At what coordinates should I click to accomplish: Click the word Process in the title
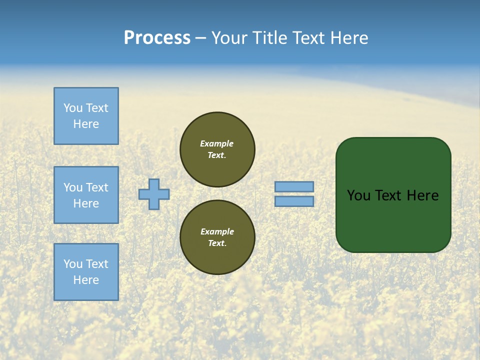tap(157, 38)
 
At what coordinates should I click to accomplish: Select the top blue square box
tap(86, 116)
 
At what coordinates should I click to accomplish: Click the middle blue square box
tap(86, 195)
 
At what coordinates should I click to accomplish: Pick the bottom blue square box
tap(86, 272)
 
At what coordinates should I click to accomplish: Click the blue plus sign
tap(154, 194)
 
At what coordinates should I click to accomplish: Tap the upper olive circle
tap(217, 149)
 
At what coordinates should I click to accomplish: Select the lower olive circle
tap(217, 237)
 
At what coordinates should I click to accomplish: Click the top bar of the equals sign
tap(294, 187)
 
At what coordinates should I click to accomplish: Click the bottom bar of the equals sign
tap(294, 201)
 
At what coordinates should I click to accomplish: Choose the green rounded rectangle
tap(393, 195)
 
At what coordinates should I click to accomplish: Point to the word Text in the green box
tap(388, 195)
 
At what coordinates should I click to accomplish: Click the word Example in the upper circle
tap(217, 143)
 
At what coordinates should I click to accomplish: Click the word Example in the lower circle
tap(217, 231)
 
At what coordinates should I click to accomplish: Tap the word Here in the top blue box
tap(86, 124)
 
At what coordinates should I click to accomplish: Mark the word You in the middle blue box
tap(72, 187)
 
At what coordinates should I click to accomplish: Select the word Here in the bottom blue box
tap(86, 280)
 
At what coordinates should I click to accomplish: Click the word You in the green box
tap(358, 195)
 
